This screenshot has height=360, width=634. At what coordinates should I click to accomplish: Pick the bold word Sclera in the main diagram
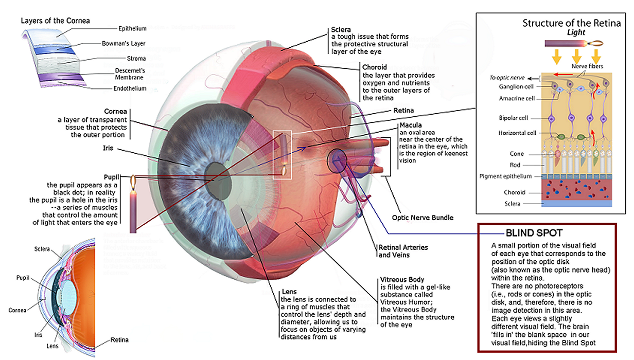341,30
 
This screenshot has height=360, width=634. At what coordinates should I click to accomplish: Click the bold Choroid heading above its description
375,67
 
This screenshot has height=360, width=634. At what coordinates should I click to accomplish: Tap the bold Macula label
410,125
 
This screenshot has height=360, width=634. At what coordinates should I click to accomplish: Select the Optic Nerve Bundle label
422,218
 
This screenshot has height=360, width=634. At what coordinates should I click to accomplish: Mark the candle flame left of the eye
133,183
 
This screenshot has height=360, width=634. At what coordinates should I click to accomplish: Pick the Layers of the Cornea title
55,21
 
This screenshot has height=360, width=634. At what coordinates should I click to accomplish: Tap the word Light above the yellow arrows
576,33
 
